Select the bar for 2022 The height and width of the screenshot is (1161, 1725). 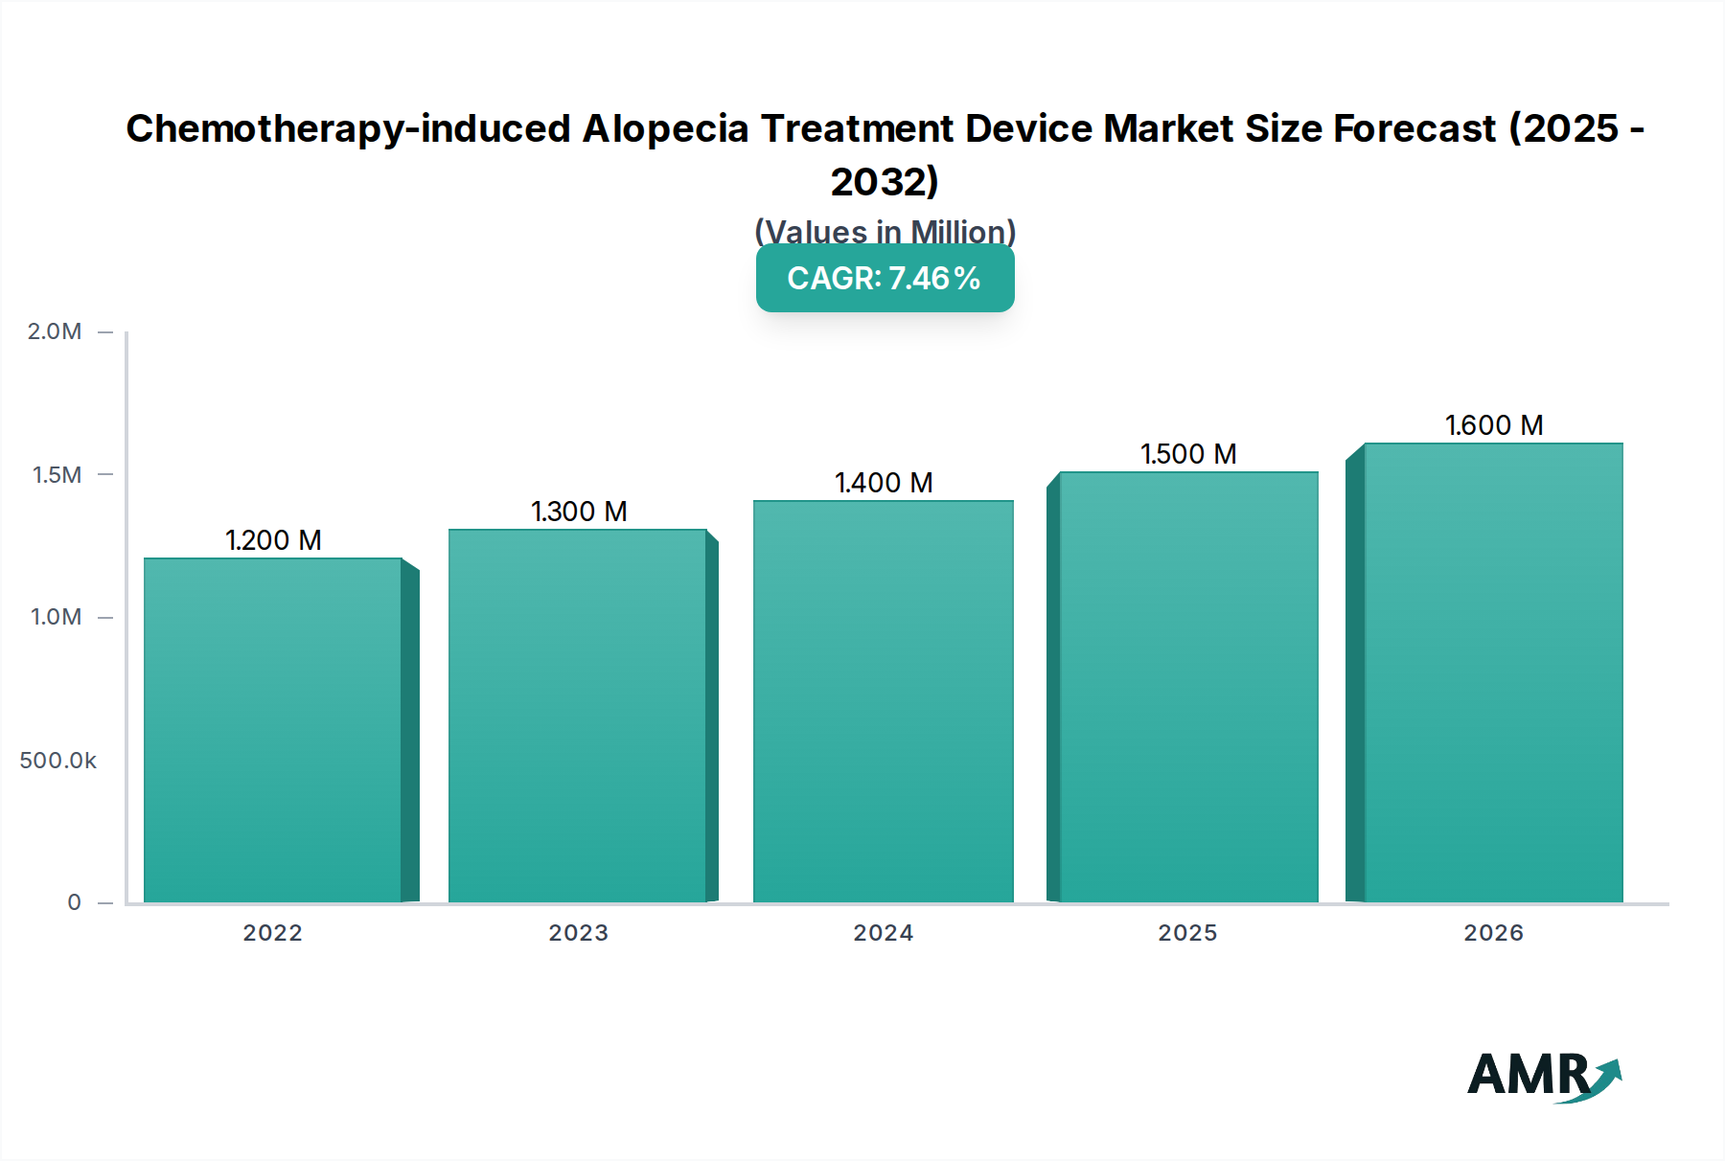coord(273,730)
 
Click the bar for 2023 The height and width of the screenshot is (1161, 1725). coord(578,716)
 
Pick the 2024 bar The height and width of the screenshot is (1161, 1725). coord(883,701)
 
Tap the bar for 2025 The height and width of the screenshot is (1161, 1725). coord(1188,687)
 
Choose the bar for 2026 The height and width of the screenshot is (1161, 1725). coord(1493,672)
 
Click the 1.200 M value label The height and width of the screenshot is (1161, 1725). coord(273,540)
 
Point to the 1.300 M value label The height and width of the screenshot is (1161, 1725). coord(579,512)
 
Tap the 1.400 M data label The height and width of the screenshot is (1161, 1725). coord(884,483)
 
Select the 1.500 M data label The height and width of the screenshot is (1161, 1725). coord(1188,454)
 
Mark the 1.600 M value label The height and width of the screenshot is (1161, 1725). coord(1494,425)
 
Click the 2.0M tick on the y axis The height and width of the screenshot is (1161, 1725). coord(55,331)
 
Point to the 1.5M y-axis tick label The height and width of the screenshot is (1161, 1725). coord(57,475)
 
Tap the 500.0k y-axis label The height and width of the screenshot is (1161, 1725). coord(58,761)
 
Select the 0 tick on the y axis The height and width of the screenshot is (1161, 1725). coord(74,902)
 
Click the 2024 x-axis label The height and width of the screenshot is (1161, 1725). coord(884,933)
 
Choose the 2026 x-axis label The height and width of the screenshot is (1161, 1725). coord(1493,933)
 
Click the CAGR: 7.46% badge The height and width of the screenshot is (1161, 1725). coord(885,278)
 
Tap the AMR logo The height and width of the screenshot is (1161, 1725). coord(1543,1076)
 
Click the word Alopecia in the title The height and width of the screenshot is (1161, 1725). coord(665,128)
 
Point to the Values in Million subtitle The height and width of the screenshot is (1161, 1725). coord(885,232)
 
